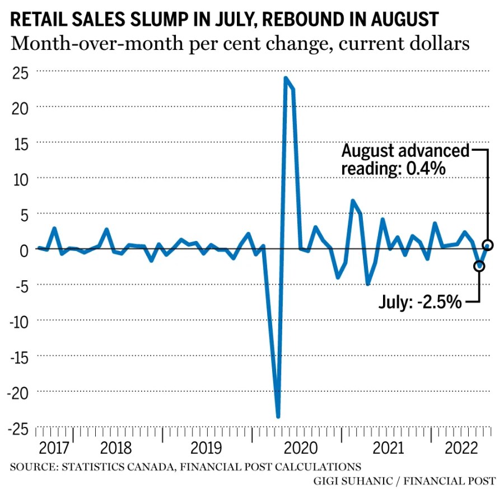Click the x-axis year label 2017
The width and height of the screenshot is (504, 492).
coord(54,449)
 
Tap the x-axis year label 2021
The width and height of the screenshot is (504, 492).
coord(388,449)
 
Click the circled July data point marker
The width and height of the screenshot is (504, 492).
coord(479,266)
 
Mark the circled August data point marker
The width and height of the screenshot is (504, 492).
coord(488,245)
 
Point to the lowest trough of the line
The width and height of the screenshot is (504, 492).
coord(278,416)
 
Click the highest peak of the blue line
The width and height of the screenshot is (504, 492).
coord(286,78)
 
